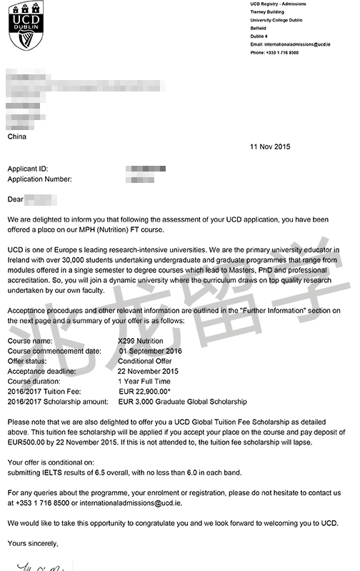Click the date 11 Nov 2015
(x=270, y=147)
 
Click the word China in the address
(x=17, y=136)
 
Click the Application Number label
(x=39, y=179)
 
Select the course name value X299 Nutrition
(x=146, y=342)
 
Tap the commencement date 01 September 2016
(x=151, y=352)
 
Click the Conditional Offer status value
(x=146, y=362)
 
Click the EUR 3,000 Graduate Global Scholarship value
(x=182, y=402)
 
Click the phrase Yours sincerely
(x=33, y=544)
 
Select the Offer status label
(x=28, y=362)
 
